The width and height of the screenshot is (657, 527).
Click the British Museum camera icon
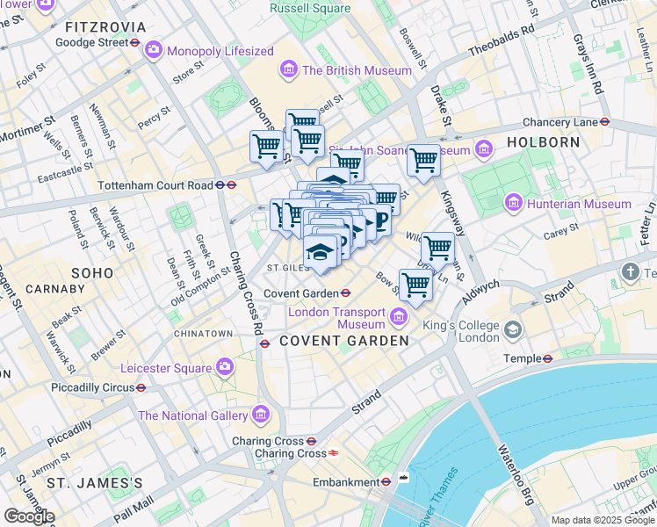click(287, 69)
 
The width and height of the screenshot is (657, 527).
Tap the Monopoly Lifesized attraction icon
click(155, 50)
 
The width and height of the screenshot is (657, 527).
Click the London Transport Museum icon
click(400, 314)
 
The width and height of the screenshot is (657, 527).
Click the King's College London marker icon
click(512, 330)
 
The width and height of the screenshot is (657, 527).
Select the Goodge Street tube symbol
click(137, 41)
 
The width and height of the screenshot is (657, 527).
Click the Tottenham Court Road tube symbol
click(230, 185)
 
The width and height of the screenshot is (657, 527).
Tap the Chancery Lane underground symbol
click(605, 122)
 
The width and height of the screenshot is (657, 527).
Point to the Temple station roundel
click(546, 358)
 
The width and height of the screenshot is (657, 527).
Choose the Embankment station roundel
click(385, 481)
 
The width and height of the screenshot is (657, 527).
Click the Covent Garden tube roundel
click(346, 293)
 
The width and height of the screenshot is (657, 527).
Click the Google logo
click(29, 516)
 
